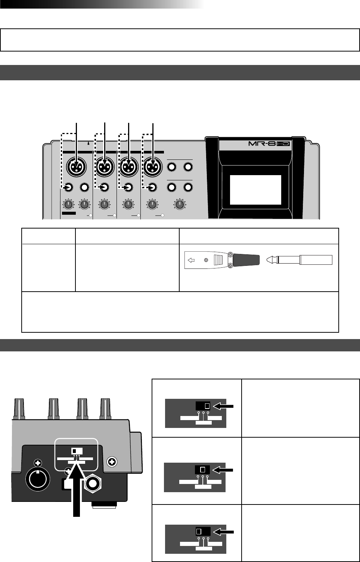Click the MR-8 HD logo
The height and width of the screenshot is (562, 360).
(x=269, y=143)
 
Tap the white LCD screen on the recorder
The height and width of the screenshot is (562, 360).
(x=255, y=190)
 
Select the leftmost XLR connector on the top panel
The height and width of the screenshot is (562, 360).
(x=77, y=167)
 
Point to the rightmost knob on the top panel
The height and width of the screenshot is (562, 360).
(x=180, y=204)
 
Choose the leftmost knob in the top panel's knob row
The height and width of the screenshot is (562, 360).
(x=68, y=204)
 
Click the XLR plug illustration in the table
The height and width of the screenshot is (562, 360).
(x=222, y=260)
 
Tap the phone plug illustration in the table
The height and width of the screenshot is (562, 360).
(x=299, y=260)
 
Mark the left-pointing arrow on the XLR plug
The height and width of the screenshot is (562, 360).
(x=191, y=260)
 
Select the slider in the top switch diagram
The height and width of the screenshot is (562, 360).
(x=207, y=406)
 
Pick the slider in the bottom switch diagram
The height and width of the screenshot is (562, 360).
(x=199, y=531)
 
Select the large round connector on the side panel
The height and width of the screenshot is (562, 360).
(x=37, y=478)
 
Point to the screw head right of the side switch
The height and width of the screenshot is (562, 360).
(x=111, y=462)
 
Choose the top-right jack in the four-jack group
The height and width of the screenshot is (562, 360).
(x=188, y=167)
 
